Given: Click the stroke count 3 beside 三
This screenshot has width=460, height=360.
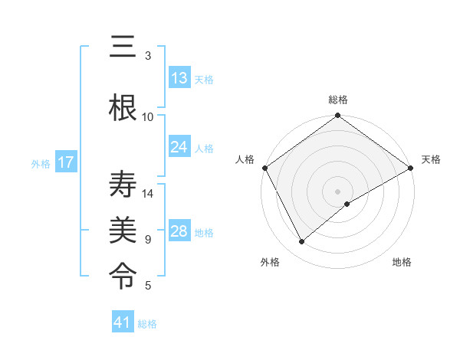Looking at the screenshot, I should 148,56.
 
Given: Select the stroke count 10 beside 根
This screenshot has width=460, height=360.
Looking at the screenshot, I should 148,117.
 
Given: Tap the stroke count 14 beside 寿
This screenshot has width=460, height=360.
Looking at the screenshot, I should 148,194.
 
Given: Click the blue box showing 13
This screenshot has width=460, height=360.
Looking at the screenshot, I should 179,78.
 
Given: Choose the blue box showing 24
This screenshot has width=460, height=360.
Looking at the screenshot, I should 179,147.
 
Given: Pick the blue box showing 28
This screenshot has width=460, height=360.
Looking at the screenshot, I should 179,231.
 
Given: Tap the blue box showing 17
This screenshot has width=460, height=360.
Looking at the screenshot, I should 66,162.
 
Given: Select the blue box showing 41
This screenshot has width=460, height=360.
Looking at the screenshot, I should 123,322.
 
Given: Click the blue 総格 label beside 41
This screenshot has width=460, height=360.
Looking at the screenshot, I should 147,324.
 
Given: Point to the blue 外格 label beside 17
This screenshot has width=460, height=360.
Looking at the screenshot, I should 41,163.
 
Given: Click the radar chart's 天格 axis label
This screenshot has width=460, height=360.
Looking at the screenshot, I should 431,159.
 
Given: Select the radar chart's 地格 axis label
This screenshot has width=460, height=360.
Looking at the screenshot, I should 402,262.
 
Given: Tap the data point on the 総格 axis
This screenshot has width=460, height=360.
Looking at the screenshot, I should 337,116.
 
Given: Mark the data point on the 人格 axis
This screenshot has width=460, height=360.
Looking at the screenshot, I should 265,168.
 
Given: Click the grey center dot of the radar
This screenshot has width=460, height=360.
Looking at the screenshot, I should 337,191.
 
